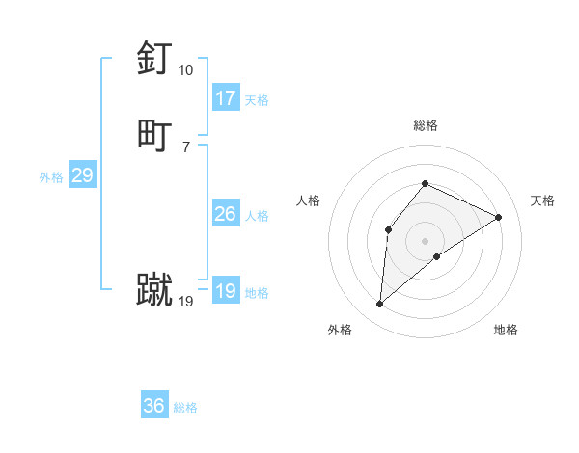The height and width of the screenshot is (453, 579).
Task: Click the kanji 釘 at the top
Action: coord(154,60)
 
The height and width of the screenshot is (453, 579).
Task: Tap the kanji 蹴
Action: coord(154,290)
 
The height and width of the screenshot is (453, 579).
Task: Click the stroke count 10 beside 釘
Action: coord(185,70)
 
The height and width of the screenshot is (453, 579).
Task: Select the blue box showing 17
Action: coord(226,98)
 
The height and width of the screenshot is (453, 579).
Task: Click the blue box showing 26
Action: coord(226,214)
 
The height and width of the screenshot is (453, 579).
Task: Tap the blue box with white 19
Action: coord(226,291)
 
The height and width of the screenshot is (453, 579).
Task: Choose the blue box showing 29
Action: coord(82,175)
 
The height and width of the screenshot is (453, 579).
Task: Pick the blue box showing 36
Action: coord(154,406)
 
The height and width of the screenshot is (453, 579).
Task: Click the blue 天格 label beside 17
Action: coord(257,100)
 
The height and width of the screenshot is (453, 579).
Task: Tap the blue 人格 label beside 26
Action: coord(257,216)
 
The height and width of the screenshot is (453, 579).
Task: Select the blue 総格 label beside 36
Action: coord(185,408)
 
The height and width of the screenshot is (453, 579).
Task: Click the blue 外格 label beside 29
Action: coord(51,177)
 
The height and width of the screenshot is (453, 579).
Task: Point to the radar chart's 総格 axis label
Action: coord(426,125)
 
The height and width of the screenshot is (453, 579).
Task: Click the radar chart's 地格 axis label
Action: coord(506,330)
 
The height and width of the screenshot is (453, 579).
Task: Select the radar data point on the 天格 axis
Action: coord(499,217)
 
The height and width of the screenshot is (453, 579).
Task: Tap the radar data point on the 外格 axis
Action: coord(380,305)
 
